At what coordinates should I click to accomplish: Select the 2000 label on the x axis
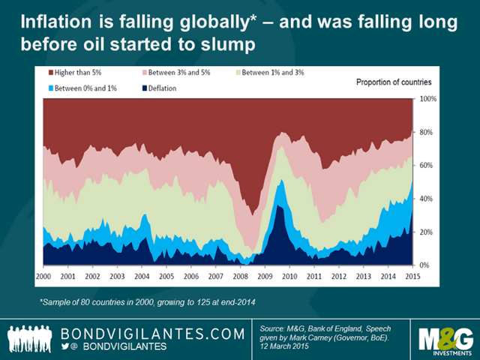(x=44, y=277)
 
